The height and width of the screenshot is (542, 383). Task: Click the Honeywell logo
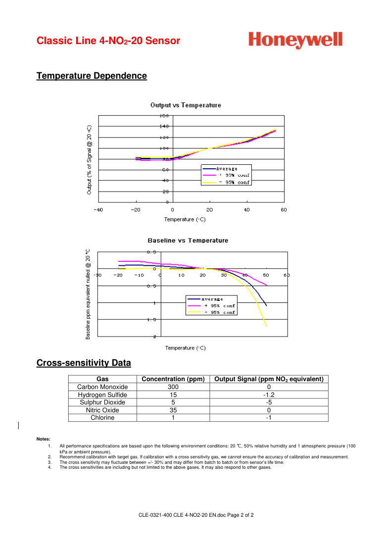click(x=295, y=40)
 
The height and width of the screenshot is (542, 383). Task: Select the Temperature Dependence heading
click(x=92, y=76)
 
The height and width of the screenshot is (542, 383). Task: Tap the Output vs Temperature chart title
click(x=186, y=105)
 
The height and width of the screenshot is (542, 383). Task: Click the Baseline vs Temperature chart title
click(x=188, y=241)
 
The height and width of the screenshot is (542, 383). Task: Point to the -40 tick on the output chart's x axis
click(x=98, y=210)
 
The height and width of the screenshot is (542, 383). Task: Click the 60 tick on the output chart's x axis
click(x=284, y=210)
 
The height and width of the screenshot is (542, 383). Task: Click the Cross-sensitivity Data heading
click(x=84, y=363)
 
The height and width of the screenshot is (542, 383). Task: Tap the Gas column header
click(x=102, y=379)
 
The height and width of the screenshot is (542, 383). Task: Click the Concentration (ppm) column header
click(x=173, y=379)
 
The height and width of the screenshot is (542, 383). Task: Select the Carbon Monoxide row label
click(x=102, y=387)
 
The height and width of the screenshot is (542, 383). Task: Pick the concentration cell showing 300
click(x=173, y=387)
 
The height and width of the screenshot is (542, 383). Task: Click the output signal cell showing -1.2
click(x=269, y=395)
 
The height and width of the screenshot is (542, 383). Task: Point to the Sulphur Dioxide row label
click(x=102, y=402)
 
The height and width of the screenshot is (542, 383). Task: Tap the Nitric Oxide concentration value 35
click(x=173, y=410)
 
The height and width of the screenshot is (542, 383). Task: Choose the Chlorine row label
click(x=102, y=418)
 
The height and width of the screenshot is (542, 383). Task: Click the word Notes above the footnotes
click(x=44, y=439)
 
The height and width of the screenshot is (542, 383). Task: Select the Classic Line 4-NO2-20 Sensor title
click(x=108, y=41)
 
